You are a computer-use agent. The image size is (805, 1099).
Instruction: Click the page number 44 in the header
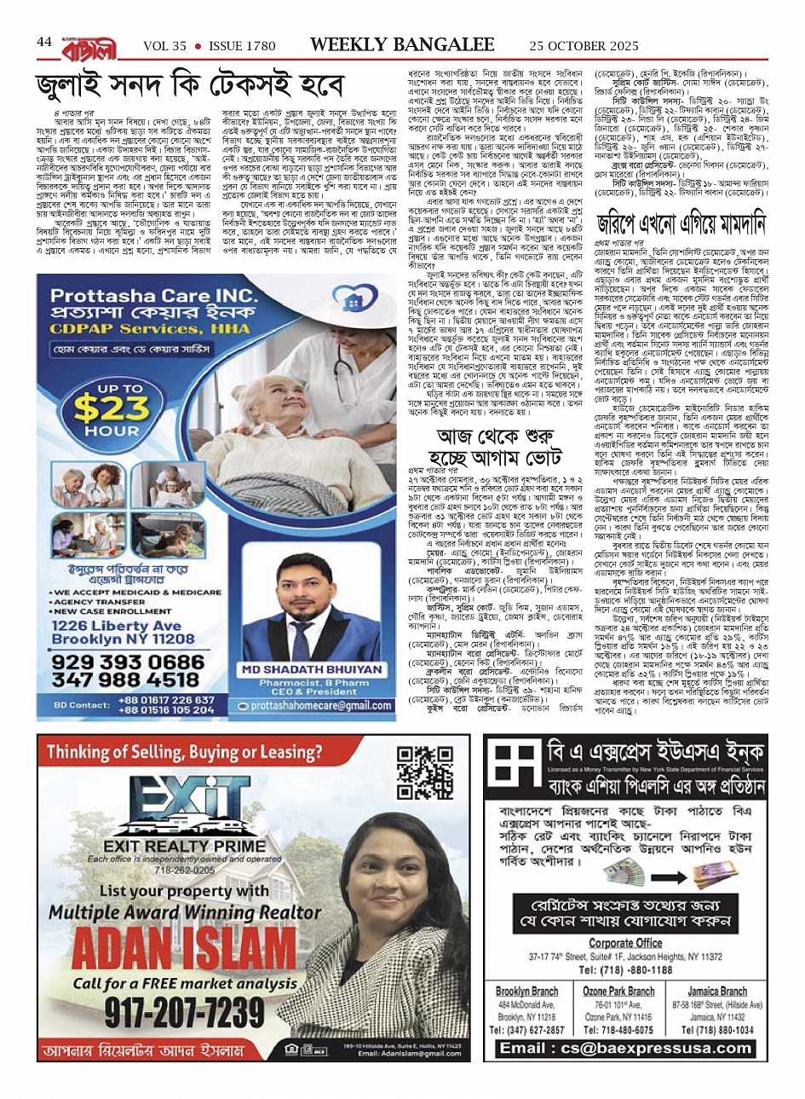(44, 42)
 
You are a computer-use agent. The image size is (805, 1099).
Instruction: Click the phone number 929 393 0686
(127, 662)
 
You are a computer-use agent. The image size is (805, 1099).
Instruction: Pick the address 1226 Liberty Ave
(116, 626)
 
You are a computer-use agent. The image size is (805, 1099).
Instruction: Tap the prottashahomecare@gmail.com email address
(315, 706)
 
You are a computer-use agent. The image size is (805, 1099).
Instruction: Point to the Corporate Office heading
(625, 943)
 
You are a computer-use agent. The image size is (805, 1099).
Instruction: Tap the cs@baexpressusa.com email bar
(625, 1048)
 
